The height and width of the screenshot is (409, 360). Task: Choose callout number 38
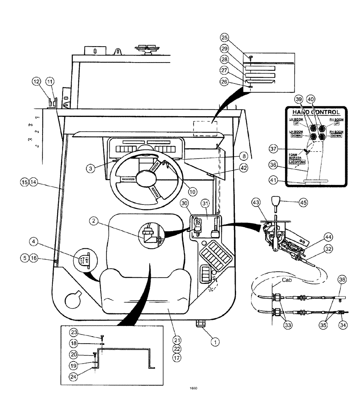point(342,280)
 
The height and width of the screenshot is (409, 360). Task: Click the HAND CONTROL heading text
point(315,112)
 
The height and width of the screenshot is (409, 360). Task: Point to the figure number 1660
point(193,389)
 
